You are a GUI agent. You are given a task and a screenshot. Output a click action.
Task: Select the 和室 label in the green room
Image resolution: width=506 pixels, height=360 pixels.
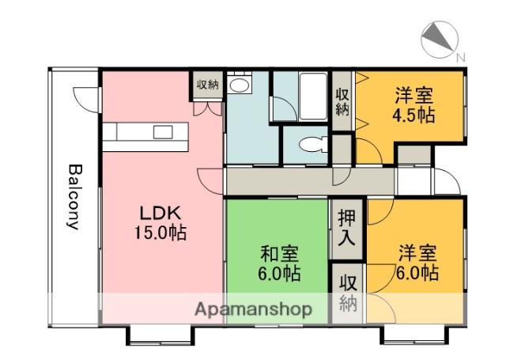point(279,255)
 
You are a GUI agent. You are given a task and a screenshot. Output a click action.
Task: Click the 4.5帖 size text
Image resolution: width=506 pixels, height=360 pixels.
point(414,115)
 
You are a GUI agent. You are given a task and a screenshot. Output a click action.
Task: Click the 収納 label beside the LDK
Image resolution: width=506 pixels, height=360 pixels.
point(207,85)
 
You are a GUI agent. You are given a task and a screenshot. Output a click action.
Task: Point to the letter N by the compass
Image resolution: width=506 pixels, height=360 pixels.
point(460,56)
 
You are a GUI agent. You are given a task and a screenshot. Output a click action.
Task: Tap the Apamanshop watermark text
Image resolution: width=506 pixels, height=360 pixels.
point(252,309)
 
